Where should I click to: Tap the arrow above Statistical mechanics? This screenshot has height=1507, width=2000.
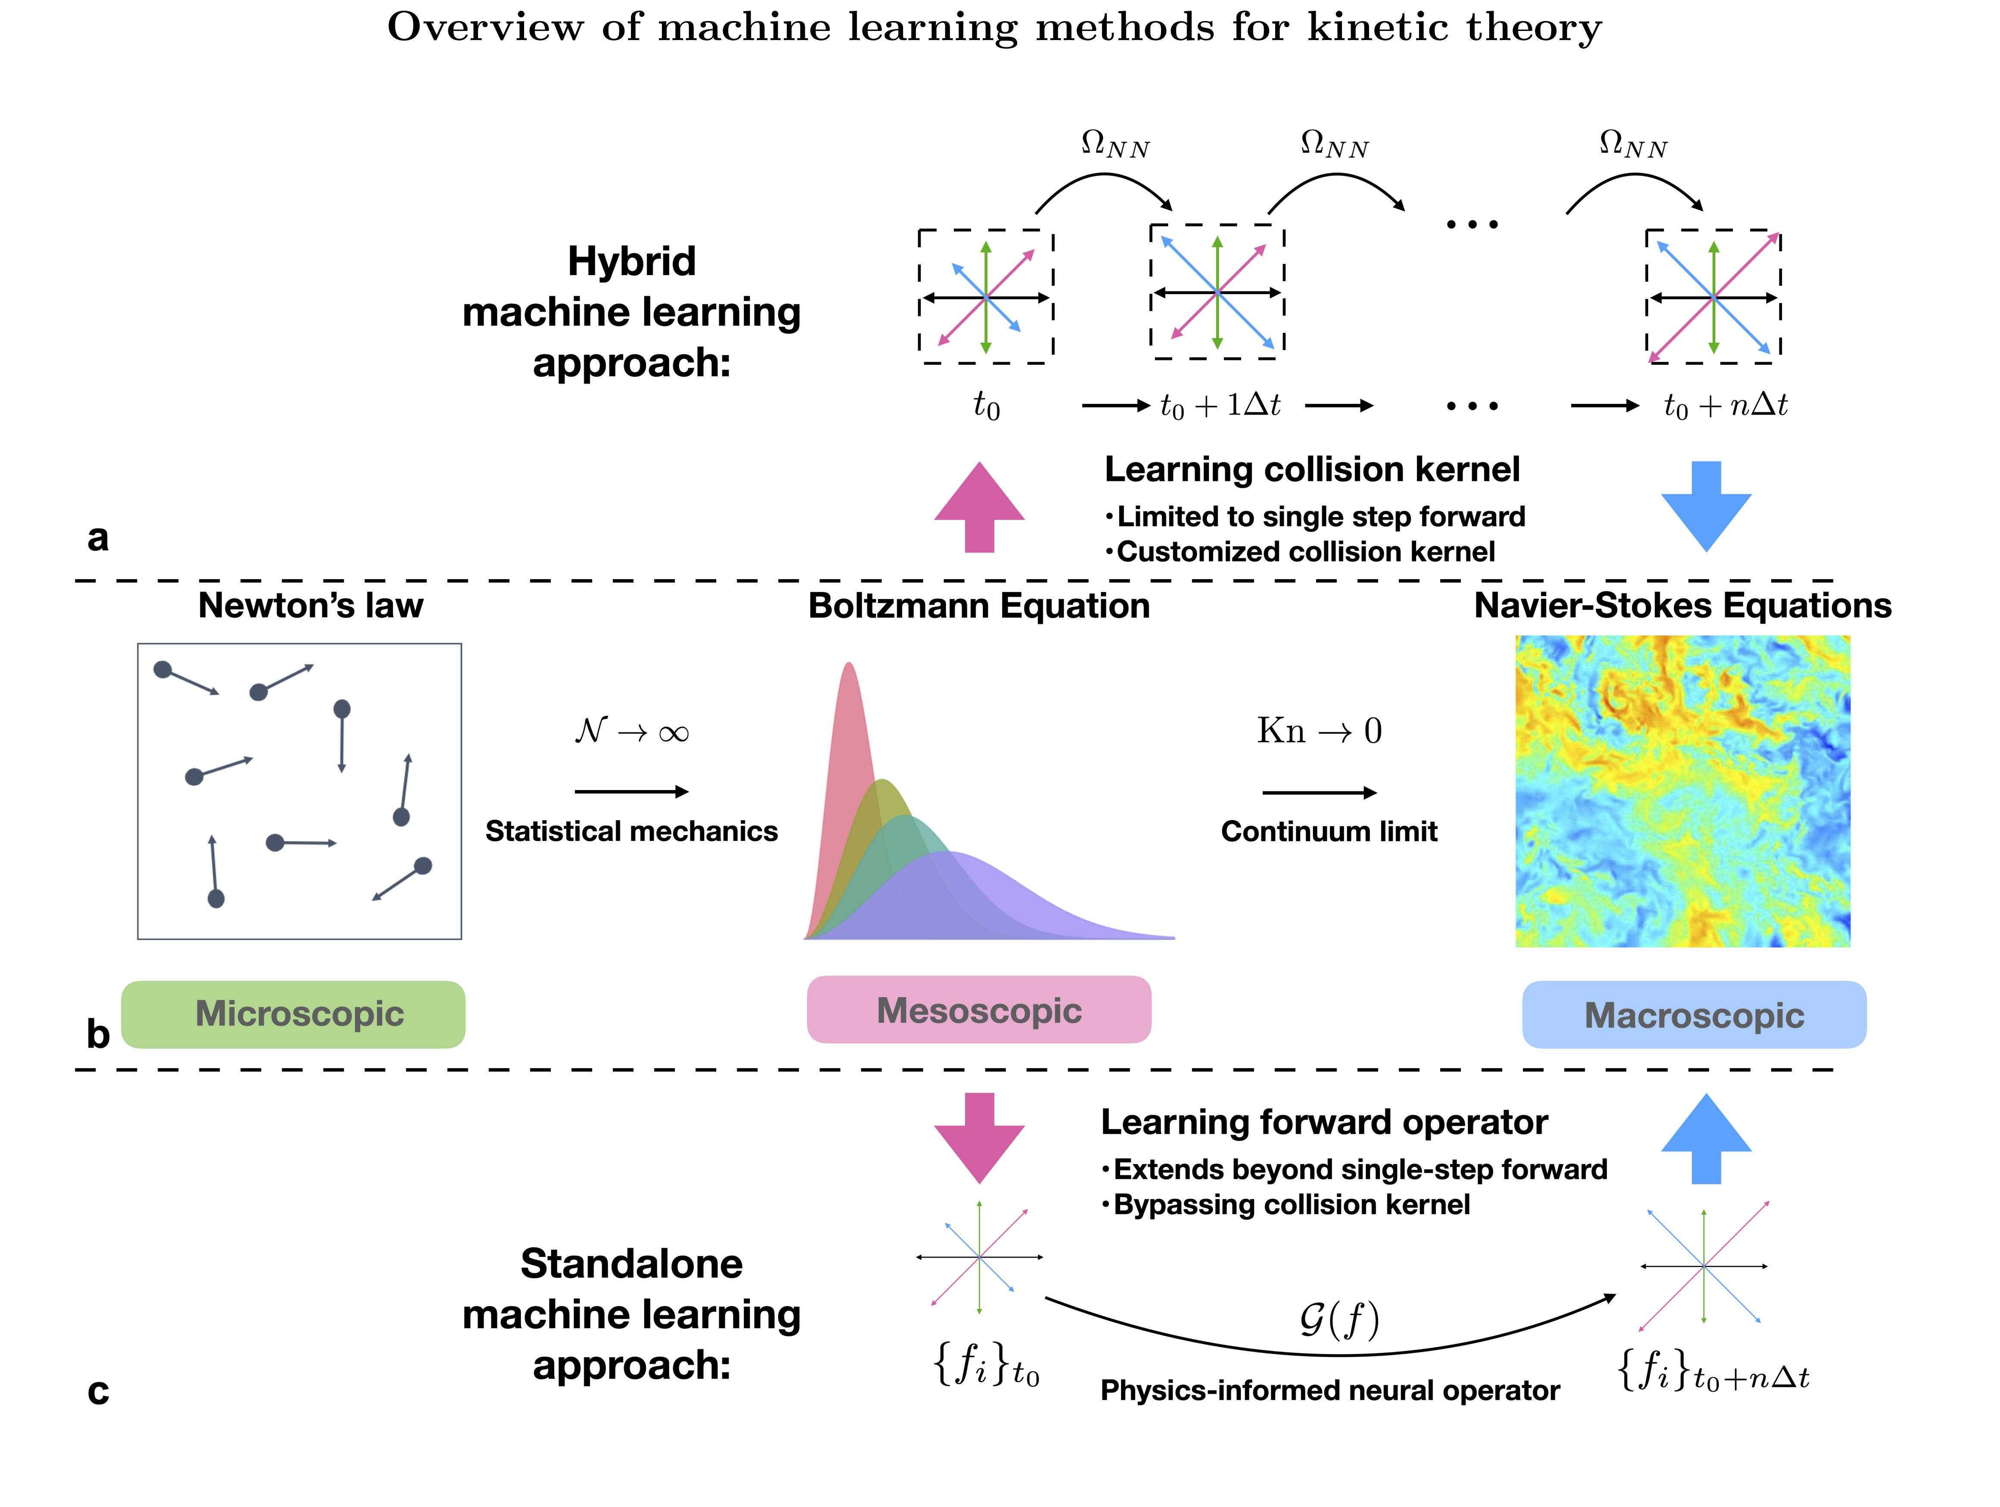[x=631, y=792]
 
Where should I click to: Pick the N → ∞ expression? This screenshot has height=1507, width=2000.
[x=631, y=730]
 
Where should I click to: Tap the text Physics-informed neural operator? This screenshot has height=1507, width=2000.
[x=1329, y=1390]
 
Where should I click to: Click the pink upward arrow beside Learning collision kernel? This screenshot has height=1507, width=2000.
[x=979, y=506]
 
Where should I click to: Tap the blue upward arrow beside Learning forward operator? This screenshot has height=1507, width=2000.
[x=1706, y=1139]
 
